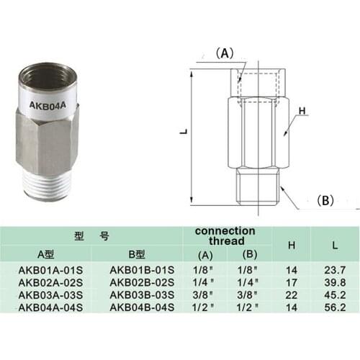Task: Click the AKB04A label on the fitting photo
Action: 50,104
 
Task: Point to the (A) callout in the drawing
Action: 226,53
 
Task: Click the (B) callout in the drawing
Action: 325,201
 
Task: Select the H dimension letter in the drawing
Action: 303,111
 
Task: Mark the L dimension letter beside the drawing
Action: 184,132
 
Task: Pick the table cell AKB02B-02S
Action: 141,283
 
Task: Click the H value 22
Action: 292,295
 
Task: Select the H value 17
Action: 292,283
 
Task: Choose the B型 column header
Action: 137,253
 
